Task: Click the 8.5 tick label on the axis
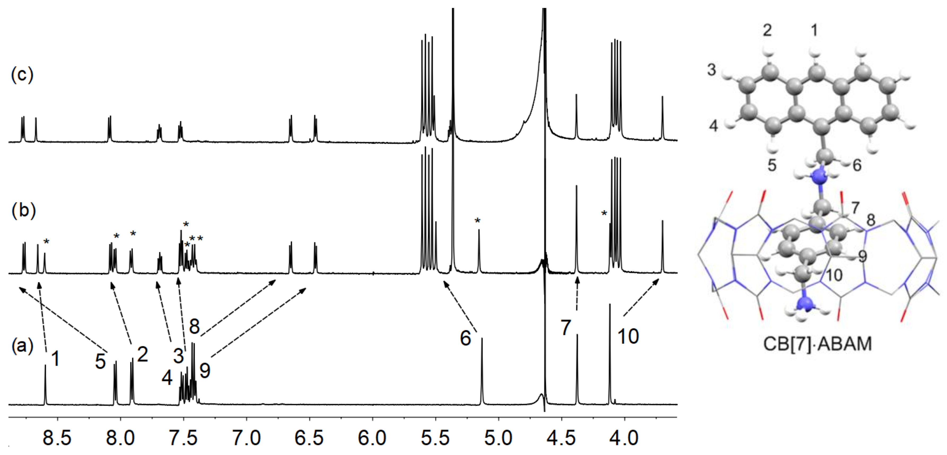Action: pos(57,438)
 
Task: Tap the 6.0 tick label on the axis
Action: pos(372,438)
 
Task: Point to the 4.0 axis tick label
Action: pos(625,438)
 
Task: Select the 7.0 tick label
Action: pos(246,438)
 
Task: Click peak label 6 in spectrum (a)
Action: pos(465,338)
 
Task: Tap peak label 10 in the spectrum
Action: pos(628,336)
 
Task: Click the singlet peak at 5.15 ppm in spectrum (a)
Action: pos(482,371)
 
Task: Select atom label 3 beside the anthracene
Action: pos(712,69)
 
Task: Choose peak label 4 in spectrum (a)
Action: pos(167,378)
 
